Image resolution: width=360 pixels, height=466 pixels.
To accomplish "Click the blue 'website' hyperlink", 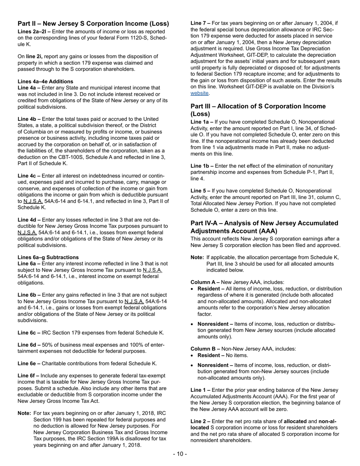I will [199, 93].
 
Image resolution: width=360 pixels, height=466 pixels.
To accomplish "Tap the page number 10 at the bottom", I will [180, 454].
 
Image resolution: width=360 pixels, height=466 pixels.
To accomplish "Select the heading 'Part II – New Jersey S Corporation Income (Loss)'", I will [93, 24].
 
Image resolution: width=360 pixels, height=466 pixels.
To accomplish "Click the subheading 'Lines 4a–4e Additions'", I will [45, 81].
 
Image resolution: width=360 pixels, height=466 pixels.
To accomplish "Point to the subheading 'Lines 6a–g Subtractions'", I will [48, 257].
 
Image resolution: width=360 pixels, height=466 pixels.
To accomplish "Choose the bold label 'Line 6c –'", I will [29, 333].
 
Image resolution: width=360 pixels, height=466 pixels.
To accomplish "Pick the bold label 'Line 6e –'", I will [29, 363].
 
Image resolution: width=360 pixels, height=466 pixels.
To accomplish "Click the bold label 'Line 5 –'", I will [200, 191].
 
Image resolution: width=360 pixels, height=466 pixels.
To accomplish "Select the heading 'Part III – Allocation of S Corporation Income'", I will [258, 106].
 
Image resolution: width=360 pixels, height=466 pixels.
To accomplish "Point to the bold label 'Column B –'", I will [205, 349].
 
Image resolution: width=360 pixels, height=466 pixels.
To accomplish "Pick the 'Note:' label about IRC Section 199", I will [24, 413].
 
